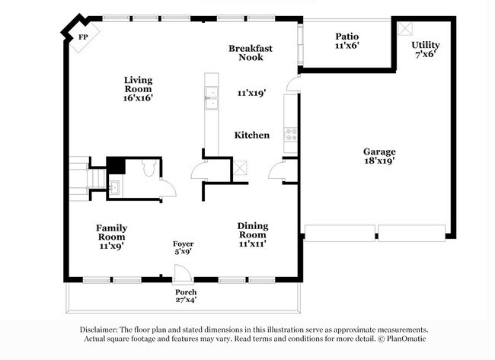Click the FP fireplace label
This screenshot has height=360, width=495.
pyautogui.click(x=83, y=37)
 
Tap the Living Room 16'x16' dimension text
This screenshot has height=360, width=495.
pyautogui.click(x=138, y=98)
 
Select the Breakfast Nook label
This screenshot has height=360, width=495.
pyautogui.click(x=251, y=53)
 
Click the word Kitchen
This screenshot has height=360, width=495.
pyautogui.click(x=252, y=135)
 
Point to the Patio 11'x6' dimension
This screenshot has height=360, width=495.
pyautogui.click(x=347, y=46)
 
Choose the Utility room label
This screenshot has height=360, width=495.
pyautogui.click(x=425, y=45)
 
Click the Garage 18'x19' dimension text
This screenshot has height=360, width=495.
pyautogui.click(x=379, y=161)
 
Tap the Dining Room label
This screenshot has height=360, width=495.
pyautogui.click(x=253, y=231)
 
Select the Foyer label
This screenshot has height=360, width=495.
pyautogui.click(x=183, y=244)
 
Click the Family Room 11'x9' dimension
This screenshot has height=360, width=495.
pyautogui.click(x=111, y=246)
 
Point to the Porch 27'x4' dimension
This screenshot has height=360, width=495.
pyautogui.click(x=186, y=299)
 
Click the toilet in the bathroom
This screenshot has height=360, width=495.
pyautogui.click(x=148, y=168)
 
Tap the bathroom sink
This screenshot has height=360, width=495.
pyautogui.click(x=114, y=187)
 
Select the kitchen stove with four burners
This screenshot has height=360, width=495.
pyautogui.click(x=290, y=135)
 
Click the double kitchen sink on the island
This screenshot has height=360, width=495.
pyautogui.click(x=212, y=98)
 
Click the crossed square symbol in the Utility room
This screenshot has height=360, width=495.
pyautogui.click(x=404, y=28)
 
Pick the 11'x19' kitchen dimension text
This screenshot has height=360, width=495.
pyautogui.click(x=251, y=93)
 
